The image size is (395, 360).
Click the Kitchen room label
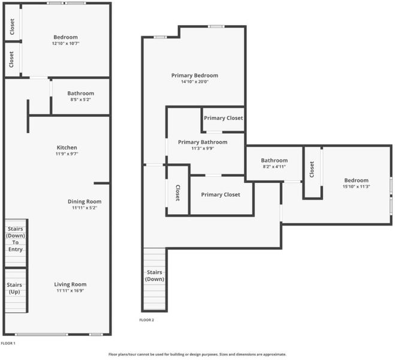[x=67, y=148]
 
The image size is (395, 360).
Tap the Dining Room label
[x=85, y=202]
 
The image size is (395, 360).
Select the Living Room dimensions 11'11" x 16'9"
[x=70, y=290]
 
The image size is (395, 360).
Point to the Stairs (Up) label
[x=14, y=289]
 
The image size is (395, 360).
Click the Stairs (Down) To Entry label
[x=16, y=239]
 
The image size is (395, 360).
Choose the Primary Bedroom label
[x=195, y=76]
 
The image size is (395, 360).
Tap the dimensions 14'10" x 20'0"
[x=195, y=82]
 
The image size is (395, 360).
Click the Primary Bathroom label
[x=203, y=142]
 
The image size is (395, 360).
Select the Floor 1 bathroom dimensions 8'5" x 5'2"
[x=80, y=100]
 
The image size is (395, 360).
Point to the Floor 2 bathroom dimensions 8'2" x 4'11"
[x=275, y=167]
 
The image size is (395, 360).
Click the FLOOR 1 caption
[x=8, y=343]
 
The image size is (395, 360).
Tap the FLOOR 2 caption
[x=147, y=320]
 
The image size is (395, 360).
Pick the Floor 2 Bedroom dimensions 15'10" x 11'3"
[x=357, y=187]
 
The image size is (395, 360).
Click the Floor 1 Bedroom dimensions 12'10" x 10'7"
[x=66, y=43]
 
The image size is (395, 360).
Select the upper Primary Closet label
[x=224, y=118]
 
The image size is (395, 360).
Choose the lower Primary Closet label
[x=221, y=194]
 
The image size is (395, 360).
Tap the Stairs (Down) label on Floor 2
[x=155, y=275]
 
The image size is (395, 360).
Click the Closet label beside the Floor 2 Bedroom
[x=312, y=169]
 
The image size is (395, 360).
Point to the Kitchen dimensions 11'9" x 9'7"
[x=67, y=154]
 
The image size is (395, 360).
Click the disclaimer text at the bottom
[x=198, y=355]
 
